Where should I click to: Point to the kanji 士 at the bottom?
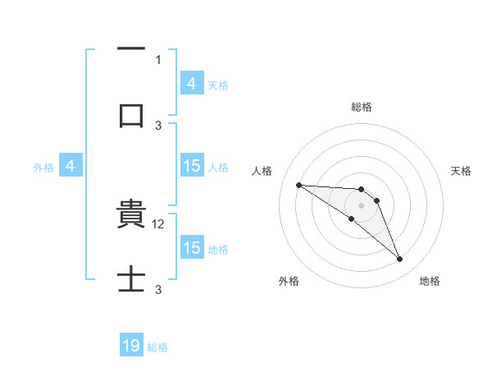[x=131, y=279]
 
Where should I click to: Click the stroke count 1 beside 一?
[x=158, y=59]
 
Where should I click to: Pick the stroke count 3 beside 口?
[x=158, y=125]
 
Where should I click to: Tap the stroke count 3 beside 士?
[x=158, y=290]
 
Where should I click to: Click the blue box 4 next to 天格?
[x=192, y=84]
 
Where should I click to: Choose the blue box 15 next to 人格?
[x=192, y=166]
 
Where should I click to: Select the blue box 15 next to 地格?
[x=192, y=248]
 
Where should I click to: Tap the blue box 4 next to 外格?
[x=71, y=166]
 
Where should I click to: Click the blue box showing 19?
[x=131, y=347]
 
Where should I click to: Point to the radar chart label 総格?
[x=362, y=107]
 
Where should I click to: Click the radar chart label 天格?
[x=461, y=171]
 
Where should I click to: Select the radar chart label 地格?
[x=430, y=281]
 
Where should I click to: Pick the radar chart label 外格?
[x=289, y=281]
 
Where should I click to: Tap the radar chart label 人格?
[x=262, y=171]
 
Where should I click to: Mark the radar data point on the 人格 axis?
[x=298, y=185]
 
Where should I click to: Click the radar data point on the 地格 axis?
[x=399, y=260]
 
